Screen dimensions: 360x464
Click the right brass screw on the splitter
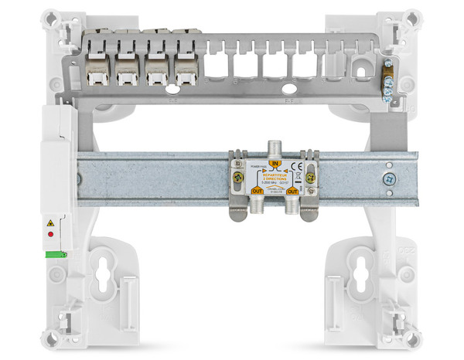tap(310, 177)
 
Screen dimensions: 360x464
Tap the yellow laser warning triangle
tap(51, 223)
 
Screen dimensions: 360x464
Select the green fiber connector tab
tap(56, 253)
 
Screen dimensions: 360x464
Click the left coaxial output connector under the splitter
tap(250, 207)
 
